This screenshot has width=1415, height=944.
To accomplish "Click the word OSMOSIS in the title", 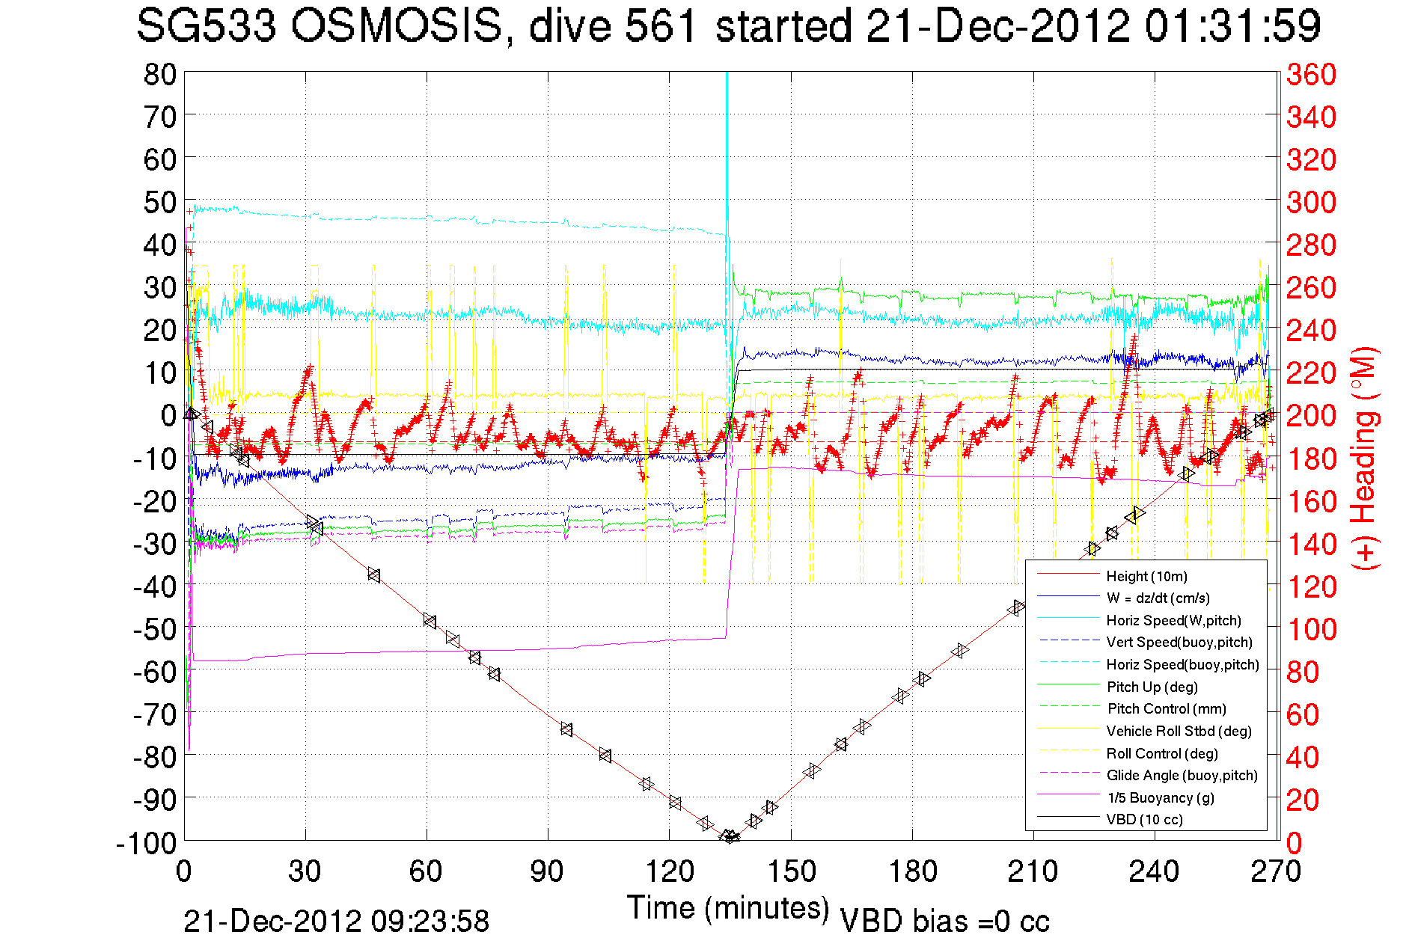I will tap(396, 27).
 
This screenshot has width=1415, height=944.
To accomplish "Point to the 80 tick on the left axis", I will tap(159, 74).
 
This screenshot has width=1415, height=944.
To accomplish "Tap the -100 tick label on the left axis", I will tap(147, 843).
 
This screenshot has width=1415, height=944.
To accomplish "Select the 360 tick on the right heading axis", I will tap(1311, 74).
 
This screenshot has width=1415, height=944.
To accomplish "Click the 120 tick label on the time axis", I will tap(670, 871).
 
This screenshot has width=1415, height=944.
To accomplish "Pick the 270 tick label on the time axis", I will tap(1276, 871).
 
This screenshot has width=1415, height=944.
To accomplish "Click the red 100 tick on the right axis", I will tap(1311, 629).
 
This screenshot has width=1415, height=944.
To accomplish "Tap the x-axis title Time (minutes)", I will tap(728, 908).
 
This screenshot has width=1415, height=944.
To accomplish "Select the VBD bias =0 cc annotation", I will tap(944, 922).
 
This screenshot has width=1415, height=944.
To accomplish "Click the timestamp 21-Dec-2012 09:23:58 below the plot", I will tap(336, 922).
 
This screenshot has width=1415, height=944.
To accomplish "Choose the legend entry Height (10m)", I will tap(1146, 576).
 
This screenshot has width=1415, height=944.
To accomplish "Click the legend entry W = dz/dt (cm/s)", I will tap(1158, 598).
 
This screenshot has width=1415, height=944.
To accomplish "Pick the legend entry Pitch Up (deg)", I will tap(1152, 687).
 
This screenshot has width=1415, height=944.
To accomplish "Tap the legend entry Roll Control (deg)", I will tap(1162, 753).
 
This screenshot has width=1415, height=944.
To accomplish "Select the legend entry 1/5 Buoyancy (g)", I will tap(1160, 797).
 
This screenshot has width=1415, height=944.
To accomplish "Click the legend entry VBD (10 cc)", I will tap(1144, 819).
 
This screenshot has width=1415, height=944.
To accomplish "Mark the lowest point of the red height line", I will tap(729, 837).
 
